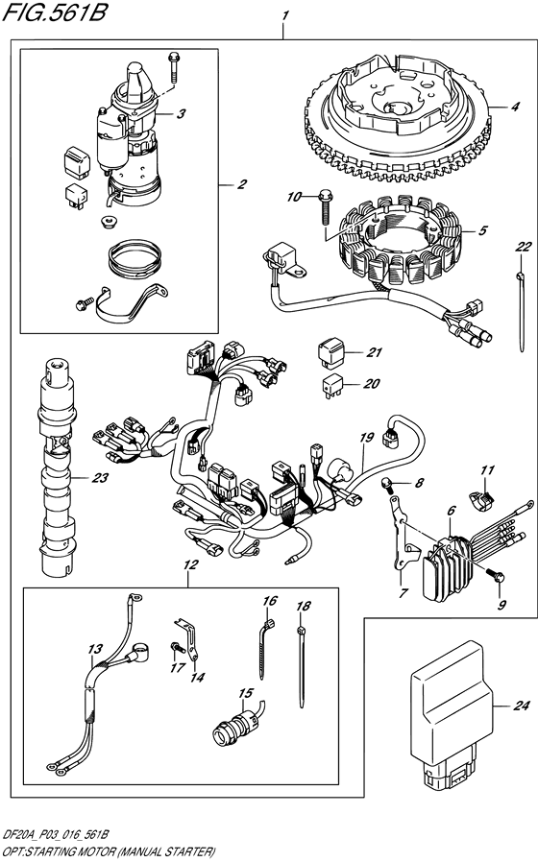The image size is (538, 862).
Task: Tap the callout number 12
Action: point(189,565)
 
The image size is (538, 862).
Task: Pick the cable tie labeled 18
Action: point(305,653)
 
